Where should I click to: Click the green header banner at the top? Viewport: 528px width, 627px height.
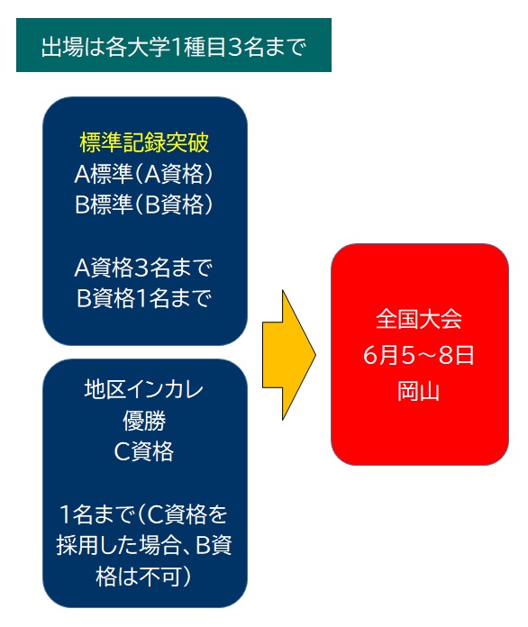point(174,45)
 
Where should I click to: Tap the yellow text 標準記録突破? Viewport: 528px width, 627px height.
point(144,142)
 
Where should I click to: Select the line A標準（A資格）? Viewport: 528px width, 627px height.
point(144,174)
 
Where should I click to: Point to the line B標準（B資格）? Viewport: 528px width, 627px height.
point(144,204)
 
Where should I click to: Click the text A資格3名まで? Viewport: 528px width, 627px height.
point(143,268)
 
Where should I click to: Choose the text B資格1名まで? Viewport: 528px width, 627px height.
point(143,298)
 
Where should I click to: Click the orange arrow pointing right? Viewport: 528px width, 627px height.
point(289,355)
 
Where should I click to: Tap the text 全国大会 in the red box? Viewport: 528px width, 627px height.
point(419,320)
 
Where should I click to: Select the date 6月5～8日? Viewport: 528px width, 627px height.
point(419,355)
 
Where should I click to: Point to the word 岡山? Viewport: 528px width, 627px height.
point(418,391)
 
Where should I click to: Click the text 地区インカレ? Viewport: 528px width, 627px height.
point(144,389)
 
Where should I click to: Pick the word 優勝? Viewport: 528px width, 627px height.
point(144,421)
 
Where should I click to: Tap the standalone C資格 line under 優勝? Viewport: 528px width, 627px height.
point(144,452)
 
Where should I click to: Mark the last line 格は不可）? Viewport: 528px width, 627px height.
point(144,577)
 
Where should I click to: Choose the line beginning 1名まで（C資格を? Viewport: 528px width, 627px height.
point(143,514)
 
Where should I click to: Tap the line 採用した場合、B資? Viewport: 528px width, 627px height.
point(144,545)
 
